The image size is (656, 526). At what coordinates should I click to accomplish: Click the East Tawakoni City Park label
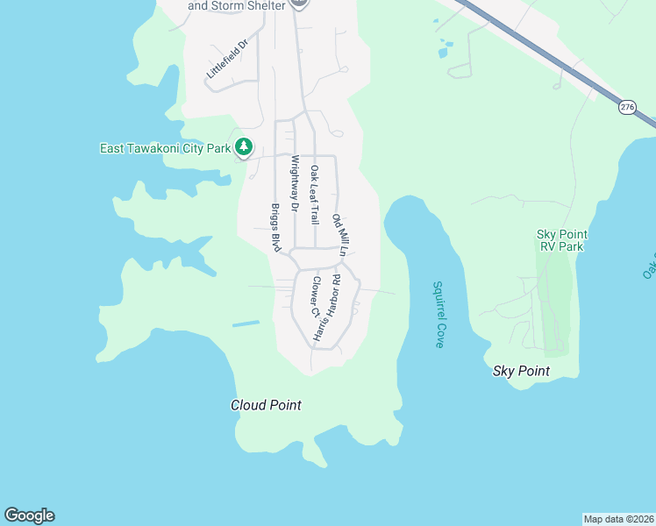click(165, 148)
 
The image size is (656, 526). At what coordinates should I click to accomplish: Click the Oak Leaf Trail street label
click(314, 194)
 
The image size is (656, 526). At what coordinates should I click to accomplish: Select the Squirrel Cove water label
click(439, 315)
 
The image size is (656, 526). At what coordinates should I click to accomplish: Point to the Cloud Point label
click(266, 405)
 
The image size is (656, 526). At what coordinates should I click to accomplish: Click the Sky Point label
click(521, 371)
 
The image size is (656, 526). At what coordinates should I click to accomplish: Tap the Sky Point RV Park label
click(561, 240)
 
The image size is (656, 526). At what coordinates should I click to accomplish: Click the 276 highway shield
click(626, 107)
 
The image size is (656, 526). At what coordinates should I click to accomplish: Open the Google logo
click(29, 515)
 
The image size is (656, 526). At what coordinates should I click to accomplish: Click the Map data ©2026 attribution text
click(618, 519)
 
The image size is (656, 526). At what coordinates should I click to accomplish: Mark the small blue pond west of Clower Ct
click(246, 324)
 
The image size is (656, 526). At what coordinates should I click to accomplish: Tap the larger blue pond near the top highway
click(448, 44)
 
